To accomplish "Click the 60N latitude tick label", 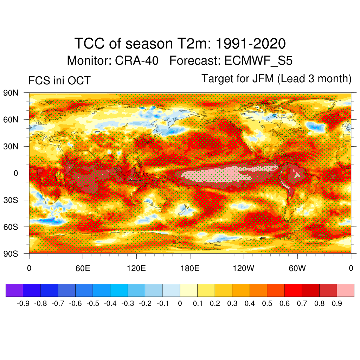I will point(10,120).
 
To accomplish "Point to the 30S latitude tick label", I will point(10,200).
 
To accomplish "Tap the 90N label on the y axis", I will point(10,93).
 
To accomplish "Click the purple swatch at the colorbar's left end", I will point(14,290).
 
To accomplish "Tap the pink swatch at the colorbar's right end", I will point(345,290).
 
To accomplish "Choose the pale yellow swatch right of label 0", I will point(188,290).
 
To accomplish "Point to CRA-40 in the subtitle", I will point(136,61).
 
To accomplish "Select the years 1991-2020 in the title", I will point(250,44).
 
